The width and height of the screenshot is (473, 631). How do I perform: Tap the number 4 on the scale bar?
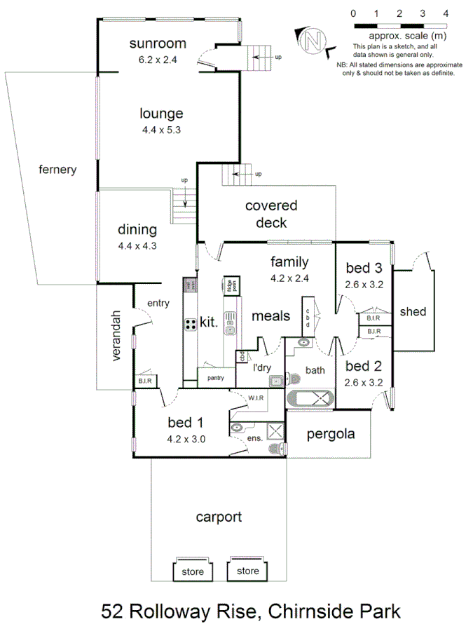446,13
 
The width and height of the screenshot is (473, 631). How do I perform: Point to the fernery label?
57,170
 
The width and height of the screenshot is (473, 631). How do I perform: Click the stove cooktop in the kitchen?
191,324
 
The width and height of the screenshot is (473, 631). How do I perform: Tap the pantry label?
215,376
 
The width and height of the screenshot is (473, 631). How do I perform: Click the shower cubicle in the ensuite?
275,431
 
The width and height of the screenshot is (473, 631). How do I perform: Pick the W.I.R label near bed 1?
256,398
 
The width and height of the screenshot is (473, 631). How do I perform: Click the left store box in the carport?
193,571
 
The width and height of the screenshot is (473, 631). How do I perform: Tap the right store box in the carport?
247,570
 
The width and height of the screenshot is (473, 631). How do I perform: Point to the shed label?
413,311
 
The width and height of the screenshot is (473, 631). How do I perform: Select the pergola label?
331,434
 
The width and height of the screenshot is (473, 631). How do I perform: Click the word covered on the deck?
270,205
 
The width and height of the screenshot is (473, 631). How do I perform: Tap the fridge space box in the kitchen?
231,286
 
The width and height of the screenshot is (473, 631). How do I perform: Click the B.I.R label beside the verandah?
146,381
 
